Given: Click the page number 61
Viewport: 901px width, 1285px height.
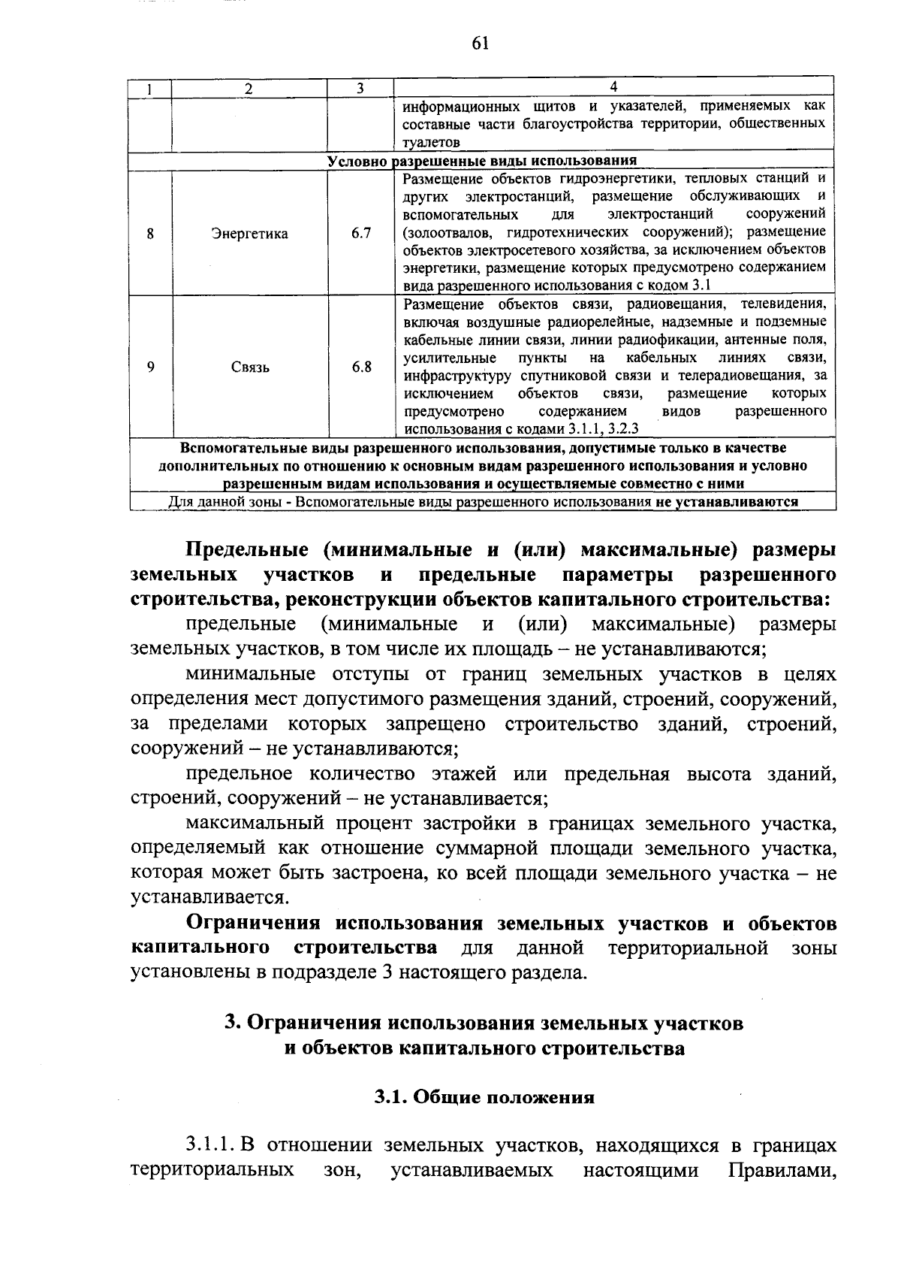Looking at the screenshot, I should [481, 44].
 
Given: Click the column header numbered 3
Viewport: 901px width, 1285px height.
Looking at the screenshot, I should [360, 88].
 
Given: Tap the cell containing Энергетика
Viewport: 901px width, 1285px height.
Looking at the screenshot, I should [249, 234].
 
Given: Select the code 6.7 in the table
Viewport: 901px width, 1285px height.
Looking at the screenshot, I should [361, 233].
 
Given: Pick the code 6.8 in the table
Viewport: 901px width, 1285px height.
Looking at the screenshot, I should [361, 367].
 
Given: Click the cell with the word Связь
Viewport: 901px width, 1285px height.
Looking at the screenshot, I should [250, 367].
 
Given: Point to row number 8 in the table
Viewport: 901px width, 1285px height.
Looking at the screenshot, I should [150, 234].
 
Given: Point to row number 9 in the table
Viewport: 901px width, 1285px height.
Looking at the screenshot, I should [150, 367].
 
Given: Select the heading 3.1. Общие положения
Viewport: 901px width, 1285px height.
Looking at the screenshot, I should [484, 1097].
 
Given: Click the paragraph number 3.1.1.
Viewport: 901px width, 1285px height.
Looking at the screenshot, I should [210, 1145].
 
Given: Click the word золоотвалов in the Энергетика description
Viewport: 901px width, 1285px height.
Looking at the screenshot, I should [449, 231].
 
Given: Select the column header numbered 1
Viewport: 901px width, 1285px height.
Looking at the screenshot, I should [150, 88].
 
